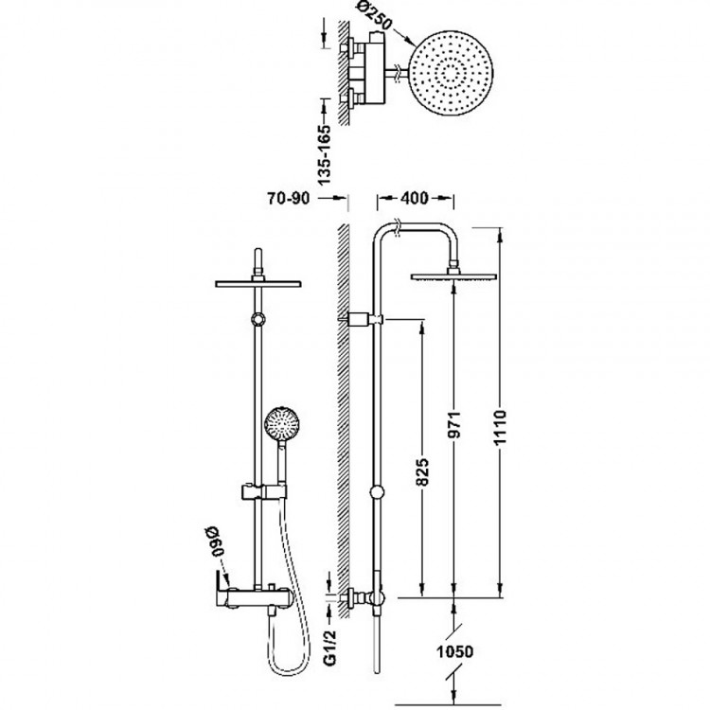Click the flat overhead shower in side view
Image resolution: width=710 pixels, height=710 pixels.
pos(453,276)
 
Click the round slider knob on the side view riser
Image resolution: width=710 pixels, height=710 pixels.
pos(378,492)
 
